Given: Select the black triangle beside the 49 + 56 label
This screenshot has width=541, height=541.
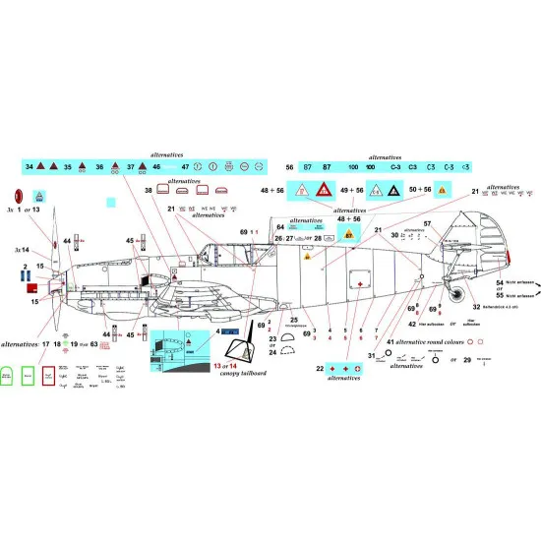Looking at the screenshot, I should tap(376, 191).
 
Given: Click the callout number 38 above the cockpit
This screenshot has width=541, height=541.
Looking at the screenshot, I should tap(149, 190).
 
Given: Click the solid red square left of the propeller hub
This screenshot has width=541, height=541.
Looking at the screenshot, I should tap(32, 288).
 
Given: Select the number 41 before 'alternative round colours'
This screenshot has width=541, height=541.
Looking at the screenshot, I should tap(390, 341).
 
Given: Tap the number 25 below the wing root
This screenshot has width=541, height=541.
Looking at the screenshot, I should tap(293, 320).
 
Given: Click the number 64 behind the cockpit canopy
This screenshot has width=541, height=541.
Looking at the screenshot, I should tap(280, 226).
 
